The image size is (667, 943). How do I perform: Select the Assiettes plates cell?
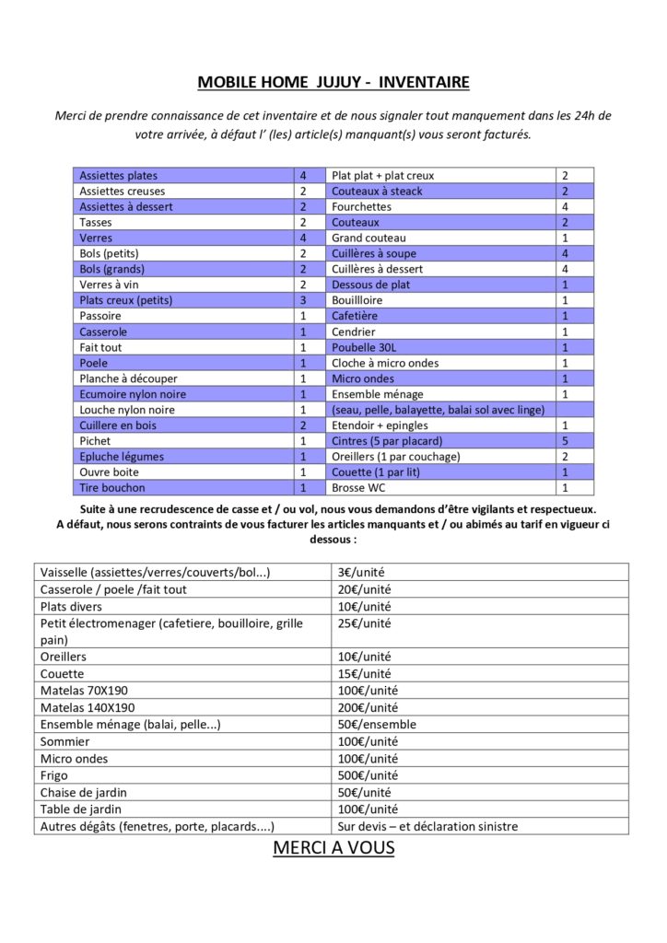pos(118,175)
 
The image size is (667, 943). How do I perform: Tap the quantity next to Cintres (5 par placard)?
pos(565,441)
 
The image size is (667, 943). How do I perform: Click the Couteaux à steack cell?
pos(378,191)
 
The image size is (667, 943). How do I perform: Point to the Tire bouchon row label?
pos(112,487)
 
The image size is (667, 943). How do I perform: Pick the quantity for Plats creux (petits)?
pos(302,300)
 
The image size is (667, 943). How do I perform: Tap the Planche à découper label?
pos(128,378)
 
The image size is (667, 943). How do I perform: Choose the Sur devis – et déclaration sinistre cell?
pos(427,826)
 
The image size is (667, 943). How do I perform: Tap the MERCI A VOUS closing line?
pos(333,847)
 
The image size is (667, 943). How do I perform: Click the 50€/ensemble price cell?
pos(377,725)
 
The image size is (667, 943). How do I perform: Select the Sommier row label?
pos(64,741)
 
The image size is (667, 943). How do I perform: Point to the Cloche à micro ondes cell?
pos(385,363)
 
